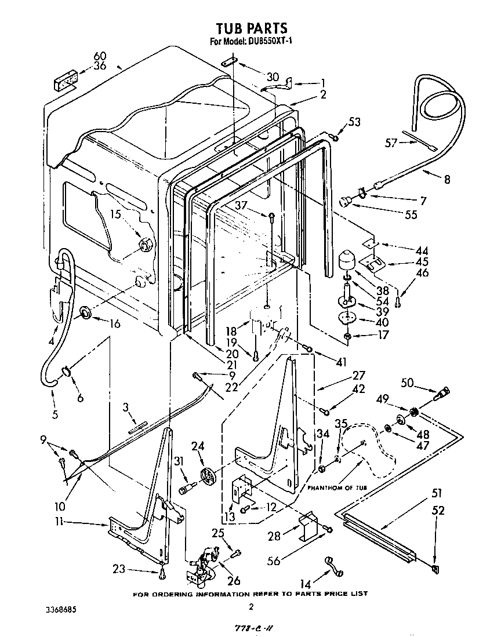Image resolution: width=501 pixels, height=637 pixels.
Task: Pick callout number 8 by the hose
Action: tap(446, 179)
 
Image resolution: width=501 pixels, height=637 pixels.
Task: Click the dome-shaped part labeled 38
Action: tap(347, 259)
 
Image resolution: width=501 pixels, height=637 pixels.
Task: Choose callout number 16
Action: tap(114, 323)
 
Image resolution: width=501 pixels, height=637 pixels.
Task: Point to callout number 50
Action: tap(407, 383)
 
